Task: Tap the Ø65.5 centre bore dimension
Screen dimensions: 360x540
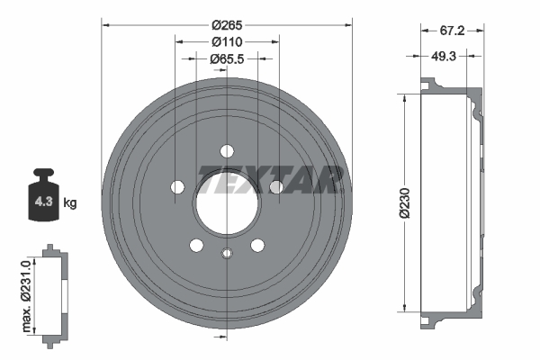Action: point(227,59)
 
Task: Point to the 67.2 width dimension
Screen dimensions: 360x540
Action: point(451,30)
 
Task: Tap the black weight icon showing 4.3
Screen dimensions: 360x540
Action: point(42,193)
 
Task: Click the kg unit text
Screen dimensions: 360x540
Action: point(70,203)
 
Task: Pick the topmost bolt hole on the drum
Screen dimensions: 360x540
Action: point(226,150)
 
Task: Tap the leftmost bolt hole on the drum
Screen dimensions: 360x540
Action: point(177,186)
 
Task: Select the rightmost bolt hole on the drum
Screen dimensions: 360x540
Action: point(275,186)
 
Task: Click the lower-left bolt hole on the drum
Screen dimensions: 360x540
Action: point(195,244)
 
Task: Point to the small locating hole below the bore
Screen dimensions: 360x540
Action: point(226,252)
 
